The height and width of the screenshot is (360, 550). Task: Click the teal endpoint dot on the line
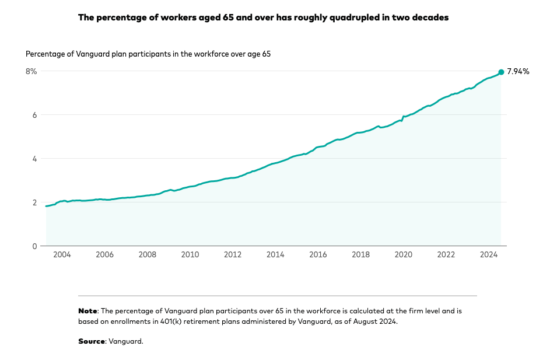tap(501, 72)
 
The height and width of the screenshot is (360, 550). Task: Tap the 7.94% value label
tap(518, 72)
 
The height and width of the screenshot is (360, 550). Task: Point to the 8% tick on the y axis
tap(31, 71)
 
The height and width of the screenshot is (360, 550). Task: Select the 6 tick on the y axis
tap(34, 115)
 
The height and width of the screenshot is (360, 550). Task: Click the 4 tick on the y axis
tap(34, 159)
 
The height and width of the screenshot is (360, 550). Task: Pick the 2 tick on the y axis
tap(34, 202)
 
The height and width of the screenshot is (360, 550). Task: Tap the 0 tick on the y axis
tap(34, 246)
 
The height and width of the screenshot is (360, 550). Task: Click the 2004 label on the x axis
tap(62, 255)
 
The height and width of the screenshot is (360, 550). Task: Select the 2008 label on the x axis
tap(148, 255)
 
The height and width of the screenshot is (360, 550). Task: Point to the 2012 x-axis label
tap(233, 255)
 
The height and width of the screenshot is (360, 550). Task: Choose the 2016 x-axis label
tap(318, 255)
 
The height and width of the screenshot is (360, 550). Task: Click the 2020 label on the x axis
tap(404, 255)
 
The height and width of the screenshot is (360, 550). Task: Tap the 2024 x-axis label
tap(489, 255)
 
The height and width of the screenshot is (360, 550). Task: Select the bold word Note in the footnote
tap(87, 311)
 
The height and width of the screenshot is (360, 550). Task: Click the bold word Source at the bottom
tap(92, 341)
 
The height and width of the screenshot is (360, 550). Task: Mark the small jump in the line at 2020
tap(402, 118)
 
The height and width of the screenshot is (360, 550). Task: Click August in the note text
tap(365, 321)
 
